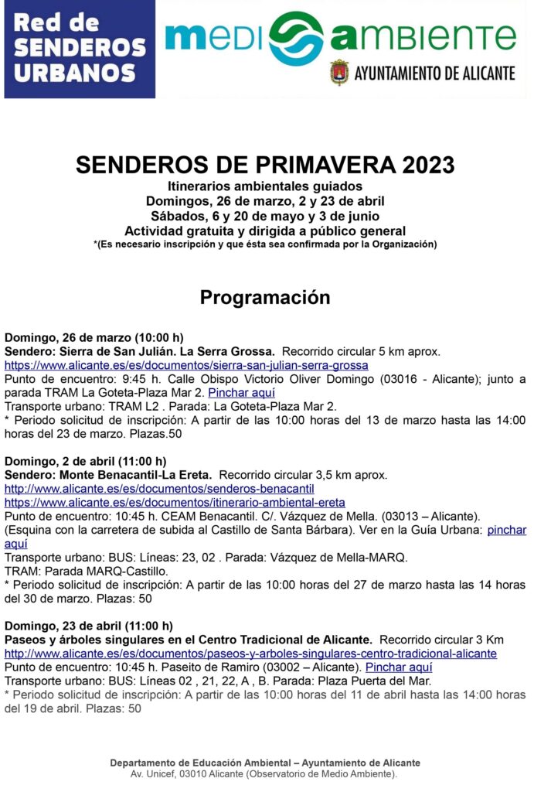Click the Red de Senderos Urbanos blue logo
(80, 49)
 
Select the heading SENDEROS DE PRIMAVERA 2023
(265, 165)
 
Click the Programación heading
(265, 297)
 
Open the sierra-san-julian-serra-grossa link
(186, 365)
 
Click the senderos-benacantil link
(159, 489)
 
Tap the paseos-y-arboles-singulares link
(250, 654)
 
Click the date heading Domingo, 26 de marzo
(94, 337)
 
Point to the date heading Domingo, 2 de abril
(85, 461)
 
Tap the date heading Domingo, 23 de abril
(88, 626)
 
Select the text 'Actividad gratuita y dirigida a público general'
(265, 230)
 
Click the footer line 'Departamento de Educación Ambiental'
(265, 763)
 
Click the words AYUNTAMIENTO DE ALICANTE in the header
(434, 73)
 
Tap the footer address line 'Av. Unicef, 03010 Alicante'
(265, 773)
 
